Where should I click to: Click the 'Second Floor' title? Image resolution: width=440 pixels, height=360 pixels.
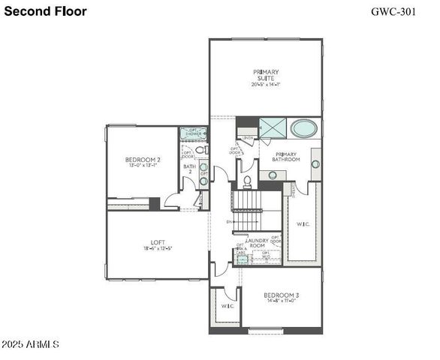coord(45,11)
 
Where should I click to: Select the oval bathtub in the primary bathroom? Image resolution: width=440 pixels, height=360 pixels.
coord(304,128)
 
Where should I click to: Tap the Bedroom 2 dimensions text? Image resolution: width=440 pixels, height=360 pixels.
coord(143,166)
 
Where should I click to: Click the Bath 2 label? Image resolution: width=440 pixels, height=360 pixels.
coord(190,169)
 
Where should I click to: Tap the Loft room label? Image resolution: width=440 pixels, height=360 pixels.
coord(158,242)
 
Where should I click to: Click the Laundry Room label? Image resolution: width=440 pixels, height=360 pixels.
coord(258,243)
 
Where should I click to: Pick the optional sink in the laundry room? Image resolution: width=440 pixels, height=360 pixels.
coord(242,259)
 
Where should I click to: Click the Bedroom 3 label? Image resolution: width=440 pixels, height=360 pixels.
coord(282,295)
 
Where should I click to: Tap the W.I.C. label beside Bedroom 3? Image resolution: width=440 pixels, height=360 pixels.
coord(228,305)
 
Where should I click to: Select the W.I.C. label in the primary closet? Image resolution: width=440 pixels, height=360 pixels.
coord(303,223)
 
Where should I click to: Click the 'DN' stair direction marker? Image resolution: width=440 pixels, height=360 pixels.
coord(230,222)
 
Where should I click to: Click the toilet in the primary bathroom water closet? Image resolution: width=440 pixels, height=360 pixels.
coord(246,182)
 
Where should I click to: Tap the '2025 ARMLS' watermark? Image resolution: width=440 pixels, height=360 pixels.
coord(30,344)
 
